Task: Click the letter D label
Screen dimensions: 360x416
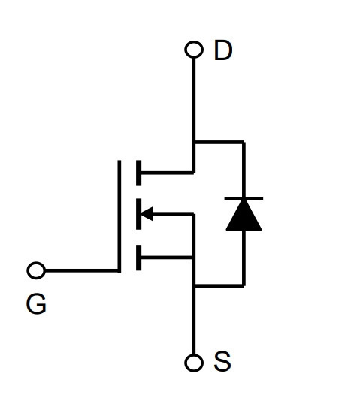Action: [x=223, y=50]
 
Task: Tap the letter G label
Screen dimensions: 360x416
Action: [x=36, y=304]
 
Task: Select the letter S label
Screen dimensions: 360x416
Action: [x=222, y=361]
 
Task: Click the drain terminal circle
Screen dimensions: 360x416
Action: [x=194, y=50]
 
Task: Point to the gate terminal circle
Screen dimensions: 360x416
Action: [x=36, y=270]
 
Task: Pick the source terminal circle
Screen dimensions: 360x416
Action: [x=194, y=363]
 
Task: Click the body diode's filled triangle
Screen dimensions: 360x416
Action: [x=244, y=216]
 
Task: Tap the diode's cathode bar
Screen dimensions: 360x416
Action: [x=244, y=198]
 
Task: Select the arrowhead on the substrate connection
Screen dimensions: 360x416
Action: [x=147, y=213]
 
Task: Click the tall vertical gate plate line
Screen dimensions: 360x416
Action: [x=119, y=216]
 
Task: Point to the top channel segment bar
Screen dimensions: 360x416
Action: [x=138, y=173]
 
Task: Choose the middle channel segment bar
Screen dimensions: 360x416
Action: [x=138, y=214]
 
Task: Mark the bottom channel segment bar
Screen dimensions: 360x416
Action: [x=138, y=258]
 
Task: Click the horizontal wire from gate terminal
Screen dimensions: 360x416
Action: [x=81, y=270]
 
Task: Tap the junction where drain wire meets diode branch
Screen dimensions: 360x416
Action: [x=194, y=143]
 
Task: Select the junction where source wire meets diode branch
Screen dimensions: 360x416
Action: [x=194, y=286]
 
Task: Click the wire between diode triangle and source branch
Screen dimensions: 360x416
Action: [x=244, y=258]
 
